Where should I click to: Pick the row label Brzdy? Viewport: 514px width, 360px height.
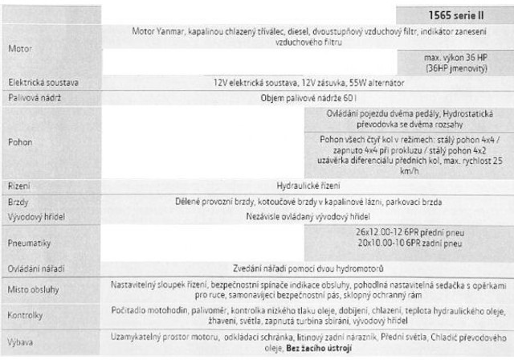click(18, 202)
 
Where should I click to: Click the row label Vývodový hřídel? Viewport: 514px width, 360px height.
click(36, 216)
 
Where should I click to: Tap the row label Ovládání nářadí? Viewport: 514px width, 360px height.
click(36, 268)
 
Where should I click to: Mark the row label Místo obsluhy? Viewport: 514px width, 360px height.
click(33, 289)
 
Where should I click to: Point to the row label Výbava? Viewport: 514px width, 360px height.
click(22, 341)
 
